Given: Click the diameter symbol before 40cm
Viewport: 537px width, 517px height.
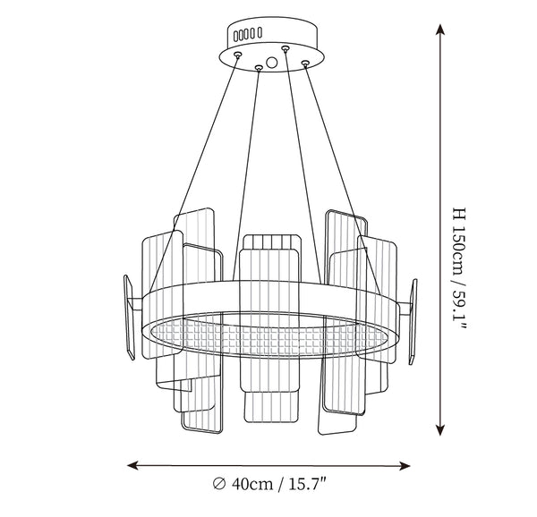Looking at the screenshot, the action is [x=219, y=484].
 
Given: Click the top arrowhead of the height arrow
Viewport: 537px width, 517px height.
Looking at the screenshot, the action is [x=440, y=30].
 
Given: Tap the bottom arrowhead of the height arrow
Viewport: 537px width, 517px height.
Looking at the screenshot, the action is [x=440, y=429].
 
